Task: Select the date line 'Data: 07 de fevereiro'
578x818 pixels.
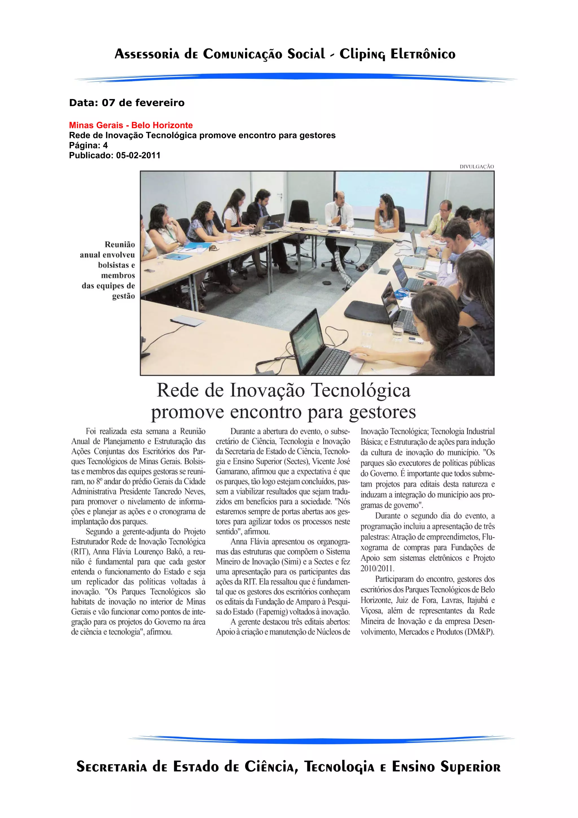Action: (x=127, y=103)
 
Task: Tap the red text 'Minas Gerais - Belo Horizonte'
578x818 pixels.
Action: (x=131, y=125)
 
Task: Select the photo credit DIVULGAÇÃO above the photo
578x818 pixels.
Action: (x=476, y=166)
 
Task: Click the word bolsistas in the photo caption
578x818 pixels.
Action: (x=117, y=265)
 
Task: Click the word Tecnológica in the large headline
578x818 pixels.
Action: (x=360, y=390)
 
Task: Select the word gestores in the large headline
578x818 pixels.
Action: (x=382, y=412)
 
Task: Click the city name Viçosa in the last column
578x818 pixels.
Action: (x=371, y=611)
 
